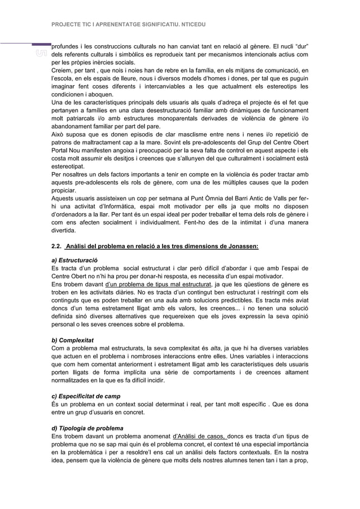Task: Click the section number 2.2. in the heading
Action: pos(57,247)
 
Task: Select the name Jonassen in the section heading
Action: pos(239,247)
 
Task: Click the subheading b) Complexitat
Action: pos(72,341)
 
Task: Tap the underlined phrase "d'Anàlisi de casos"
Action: pos(201,437)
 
